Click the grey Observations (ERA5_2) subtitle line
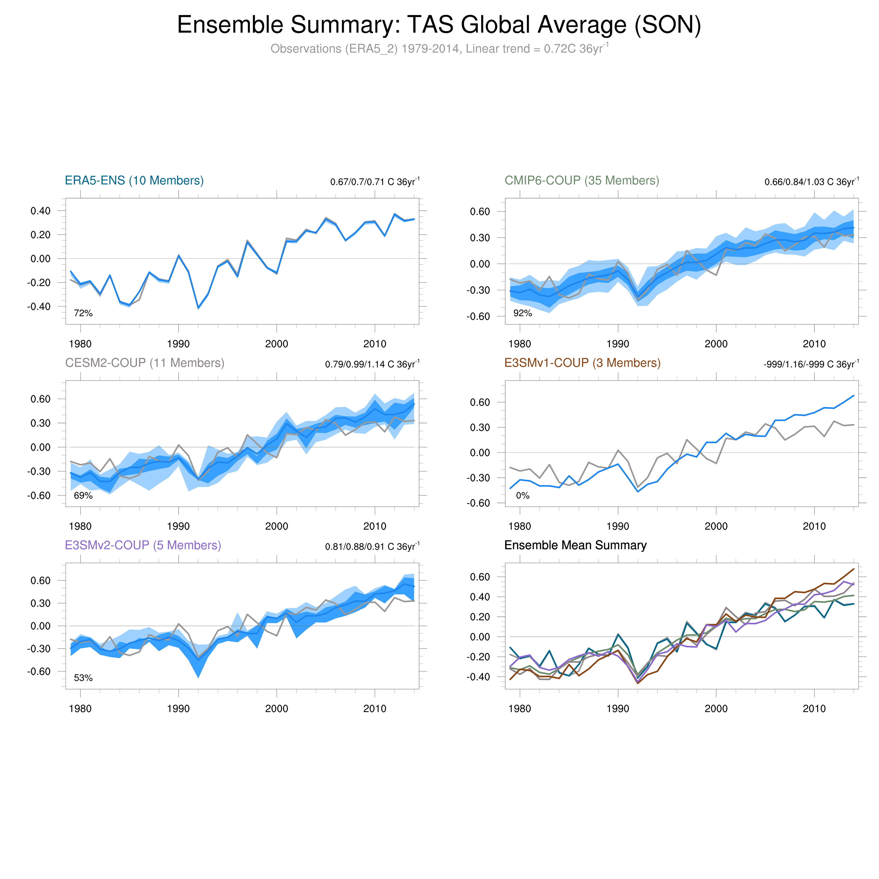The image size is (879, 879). tap(439, 49)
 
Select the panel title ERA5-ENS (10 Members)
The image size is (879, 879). tap(134, 181)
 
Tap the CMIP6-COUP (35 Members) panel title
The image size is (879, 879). tap(582, 181)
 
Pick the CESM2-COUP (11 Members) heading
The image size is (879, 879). tap(145, 363)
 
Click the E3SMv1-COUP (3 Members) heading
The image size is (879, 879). tap(582, 363)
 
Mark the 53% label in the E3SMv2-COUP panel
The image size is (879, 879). tap(83, 678)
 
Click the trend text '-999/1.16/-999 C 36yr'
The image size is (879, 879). tap(811, 364)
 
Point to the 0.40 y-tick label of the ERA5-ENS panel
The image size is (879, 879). tap(40, 211)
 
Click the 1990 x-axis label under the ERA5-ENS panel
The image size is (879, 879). tap(178, 344)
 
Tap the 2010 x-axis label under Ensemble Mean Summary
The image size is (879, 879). tap(814, 708)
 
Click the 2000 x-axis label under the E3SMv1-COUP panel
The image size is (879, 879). tap(716, 526)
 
